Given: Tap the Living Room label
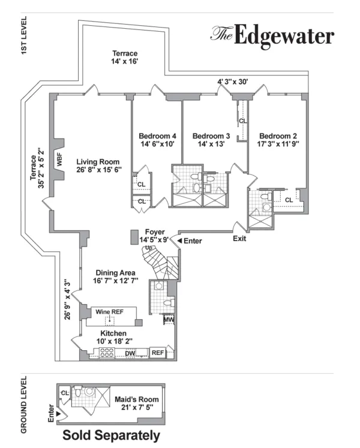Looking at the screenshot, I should (98, 162).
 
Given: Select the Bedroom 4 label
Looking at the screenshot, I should (157, 136).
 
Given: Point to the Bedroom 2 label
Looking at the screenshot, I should (279, 136).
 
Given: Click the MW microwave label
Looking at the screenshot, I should (169, 320).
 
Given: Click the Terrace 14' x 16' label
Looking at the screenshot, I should (124, 57).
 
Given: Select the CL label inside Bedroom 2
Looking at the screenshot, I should (289, 200).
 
